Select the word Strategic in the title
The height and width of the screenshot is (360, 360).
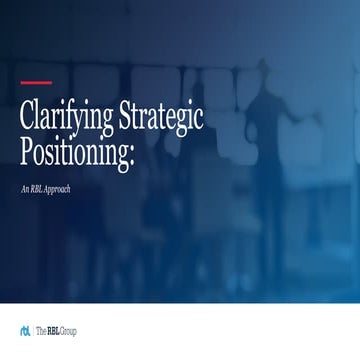coord(161,118)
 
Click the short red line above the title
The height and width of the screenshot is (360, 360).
coord(36,83)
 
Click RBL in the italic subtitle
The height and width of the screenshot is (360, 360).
coord(42,189)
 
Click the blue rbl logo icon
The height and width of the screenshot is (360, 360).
coord(25,330)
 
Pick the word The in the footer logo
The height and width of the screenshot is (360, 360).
coord(43,330)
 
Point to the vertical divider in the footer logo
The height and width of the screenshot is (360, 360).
coord(33,330)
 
